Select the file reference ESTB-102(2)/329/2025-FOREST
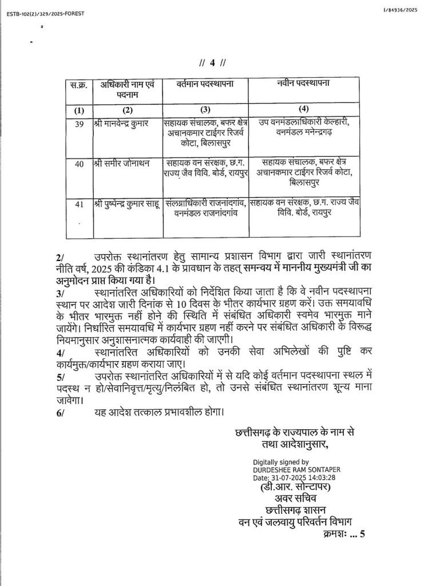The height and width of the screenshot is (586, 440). (44, 13)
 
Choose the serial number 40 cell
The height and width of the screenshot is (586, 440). (79, 164)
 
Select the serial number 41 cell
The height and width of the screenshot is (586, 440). (79, 203)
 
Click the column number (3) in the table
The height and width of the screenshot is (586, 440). (205, 109)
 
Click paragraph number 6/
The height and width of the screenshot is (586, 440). (61, 411)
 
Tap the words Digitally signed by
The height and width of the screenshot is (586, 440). (281, 462)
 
